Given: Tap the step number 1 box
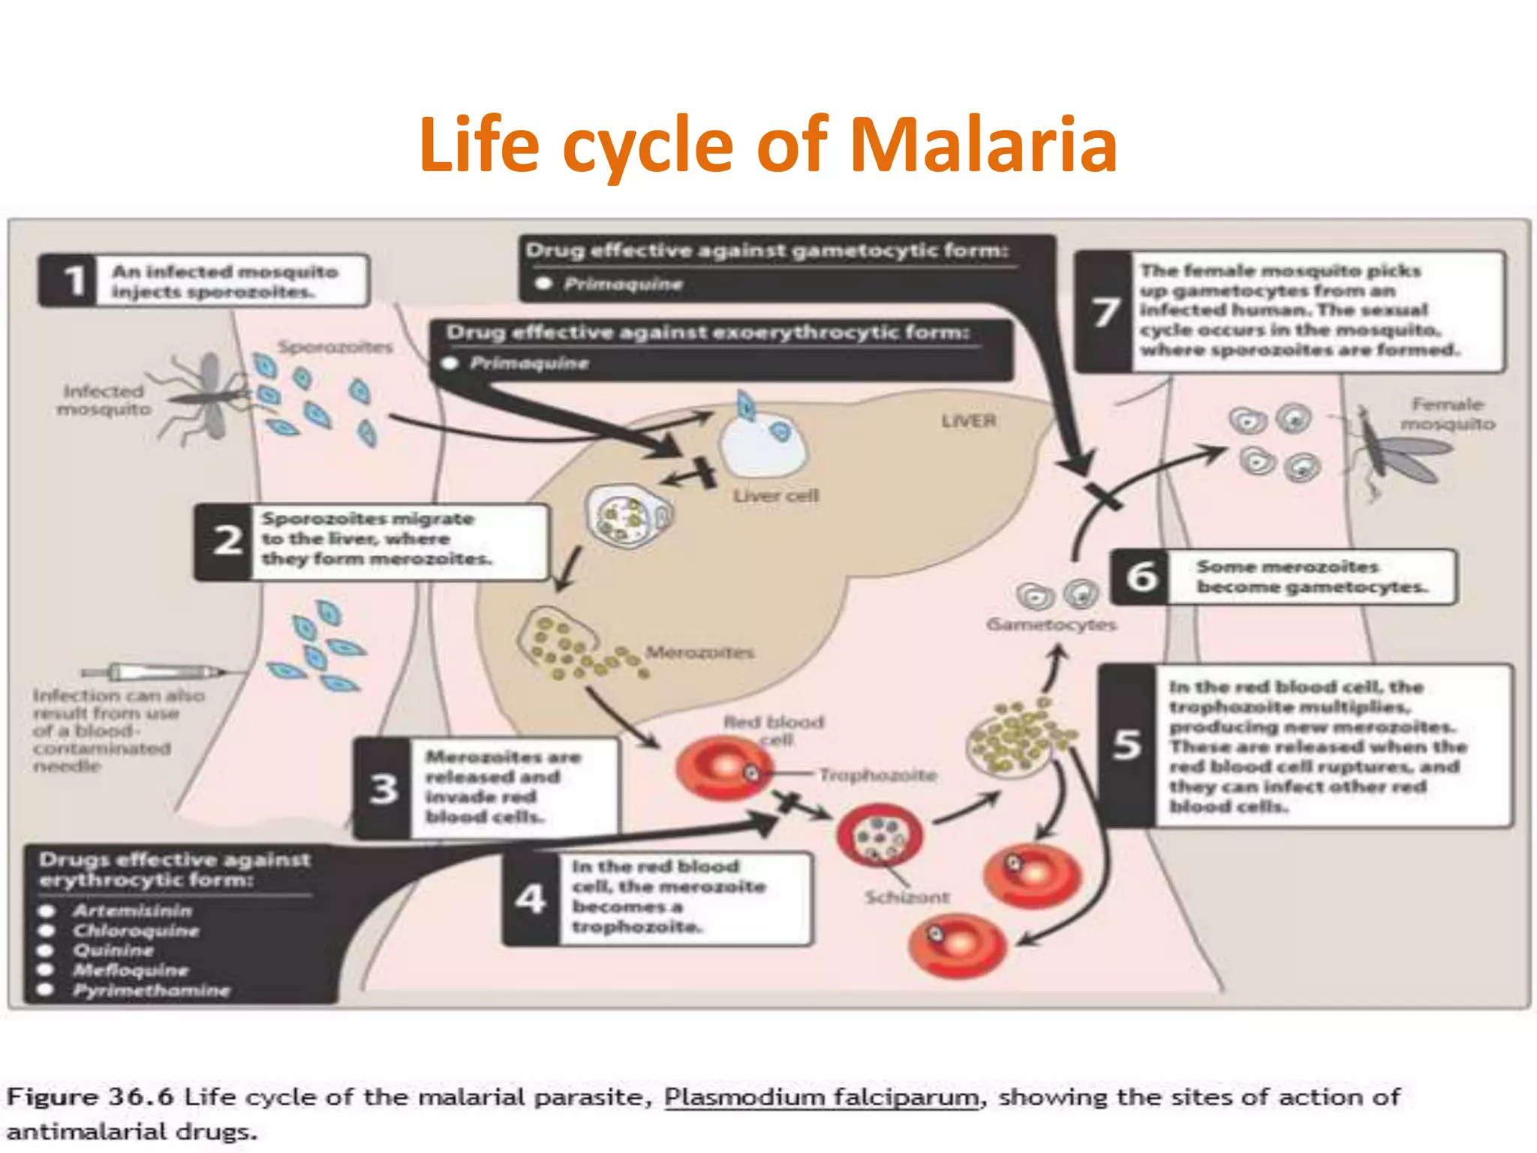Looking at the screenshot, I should (x=73, y=281).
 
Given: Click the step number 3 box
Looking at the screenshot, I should (x=383, y=789).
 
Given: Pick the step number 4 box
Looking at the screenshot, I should (x=531, y=898).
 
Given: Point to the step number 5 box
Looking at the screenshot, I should (x=1127, y=745).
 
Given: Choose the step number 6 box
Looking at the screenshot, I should (x=1141, y=576).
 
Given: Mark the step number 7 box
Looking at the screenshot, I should (x=1105, y=312).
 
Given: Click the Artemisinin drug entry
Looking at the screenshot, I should (x=132, y=911).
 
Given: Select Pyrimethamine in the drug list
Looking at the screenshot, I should (x=151, y=990).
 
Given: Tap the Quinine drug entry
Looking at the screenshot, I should (x=113, y=950).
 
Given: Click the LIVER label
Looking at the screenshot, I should (x=968, y=420).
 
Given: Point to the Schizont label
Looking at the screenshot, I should (x=907, y=897).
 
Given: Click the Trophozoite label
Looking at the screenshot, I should (x=877, y=775).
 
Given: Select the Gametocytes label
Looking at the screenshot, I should (x=1051, y=625).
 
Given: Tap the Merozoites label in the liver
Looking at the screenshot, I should (x=699, y=652).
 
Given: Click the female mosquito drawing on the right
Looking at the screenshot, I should (x=1388, y=450).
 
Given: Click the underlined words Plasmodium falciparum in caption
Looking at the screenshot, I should (x=822, y=1097).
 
